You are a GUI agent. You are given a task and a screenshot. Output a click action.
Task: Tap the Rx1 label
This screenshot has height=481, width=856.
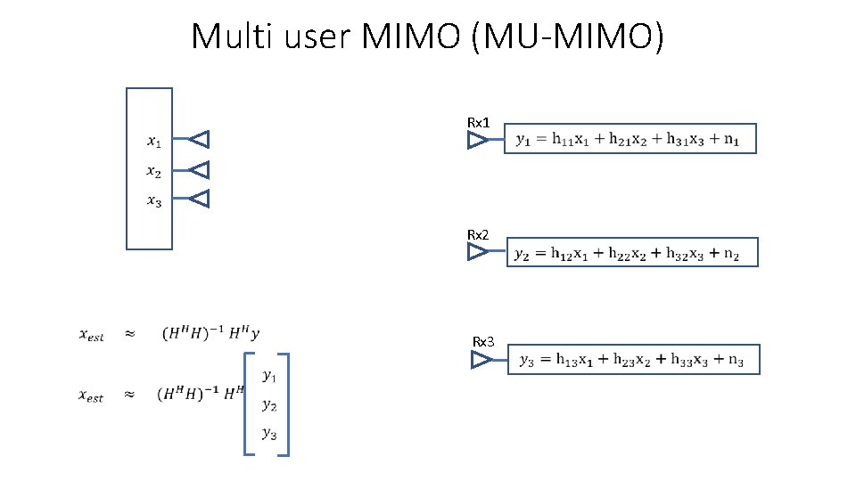[x=479, y=122]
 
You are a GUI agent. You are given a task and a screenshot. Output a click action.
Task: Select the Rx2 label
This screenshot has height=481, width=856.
[x=479, y=234]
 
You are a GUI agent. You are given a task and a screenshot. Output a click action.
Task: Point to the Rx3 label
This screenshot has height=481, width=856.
[x=483, y=342]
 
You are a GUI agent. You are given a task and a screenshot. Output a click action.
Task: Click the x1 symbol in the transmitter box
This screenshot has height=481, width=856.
[x=154, y=140]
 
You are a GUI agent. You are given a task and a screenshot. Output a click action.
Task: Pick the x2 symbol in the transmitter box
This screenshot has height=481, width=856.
[x=154, y=170]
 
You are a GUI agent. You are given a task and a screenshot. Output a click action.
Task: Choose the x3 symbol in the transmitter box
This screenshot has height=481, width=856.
[x=154, y=200]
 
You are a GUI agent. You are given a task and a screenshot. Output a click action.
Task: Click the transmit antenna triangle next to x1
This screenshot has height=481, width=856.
[x=200, y=139]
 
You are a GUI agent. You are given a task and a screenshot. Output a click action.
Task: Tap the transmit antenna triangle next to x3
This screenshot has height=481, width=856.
[x=200, y=199]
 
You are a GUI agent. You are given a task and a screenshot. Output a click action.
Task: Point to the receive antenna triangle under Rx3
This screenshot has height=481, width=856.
[x=481, y=360]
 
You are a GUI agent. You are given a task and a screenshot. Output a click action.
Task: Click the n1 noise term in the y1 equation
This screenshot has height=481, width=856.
[x=742, y=140]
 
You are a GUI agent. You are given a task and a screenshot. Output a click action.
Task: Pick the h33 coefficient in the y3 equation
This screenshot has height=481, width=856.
[x=685, y=361]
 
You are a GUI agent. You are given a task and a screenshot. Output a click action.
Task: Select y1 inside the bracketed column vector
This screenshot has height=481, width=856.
[x=268, y=376]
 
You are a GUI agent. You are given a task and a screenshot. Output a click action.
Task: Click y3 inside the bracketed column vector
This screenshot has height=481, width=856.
[x=268, y=434]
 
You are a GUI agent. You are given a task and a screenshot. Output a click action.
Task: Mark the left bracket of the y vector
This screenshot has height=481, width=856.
[x=247, y=405]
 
